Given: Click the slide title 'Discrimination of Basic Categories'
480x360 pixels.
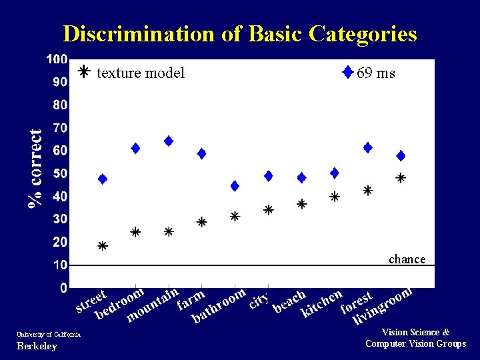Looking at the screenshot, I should click(240, 33).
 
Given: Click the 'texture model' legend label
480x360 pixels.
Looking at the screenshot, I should click(140, 73).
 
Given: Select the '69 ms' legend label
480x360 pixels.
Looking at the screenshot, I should click(375, 73).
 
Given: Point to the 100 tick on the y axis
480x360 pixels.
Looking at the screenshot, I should click(57, 59).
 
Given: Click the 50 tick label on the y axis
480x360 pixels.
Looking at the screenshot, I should click(59, 173).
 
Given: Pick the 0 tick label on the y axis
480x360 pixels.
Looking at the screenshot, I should click(63, 288).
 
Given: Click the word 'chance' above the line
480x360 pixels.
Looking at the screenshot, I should click(407, 259).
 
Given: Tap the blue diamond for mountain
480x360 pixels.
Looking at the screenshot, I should click(169, 141).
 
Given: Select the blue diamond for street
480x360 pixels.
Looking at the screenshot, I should click(103, 179).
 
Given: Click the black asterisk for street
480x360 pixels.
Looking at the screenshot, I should click(103, 246).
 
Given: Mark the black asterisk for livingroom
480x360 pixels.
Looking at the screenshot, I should click(401, 178).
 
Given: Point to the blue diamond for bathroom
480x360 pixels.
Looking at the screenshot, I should click(235, 185).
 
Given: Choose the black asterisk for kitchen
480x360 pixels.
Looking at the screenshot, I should click(335, 197).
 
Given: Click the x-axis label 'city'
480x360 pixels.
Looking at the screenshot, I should click(259, 301).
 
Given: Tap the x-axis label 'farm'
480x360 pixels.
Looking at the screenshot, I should click(191, 300).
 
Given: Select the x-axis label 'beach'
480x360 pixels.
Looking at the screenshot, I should click(289, 301).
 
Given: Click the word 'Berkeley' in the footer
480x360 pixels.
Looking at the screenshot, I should click(37, 346).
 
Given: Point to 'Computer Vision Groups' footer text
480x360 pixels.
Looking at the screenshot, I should click(415, 343).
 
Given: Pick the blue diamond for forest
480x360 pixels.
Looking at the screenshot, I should click(367, 147).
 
